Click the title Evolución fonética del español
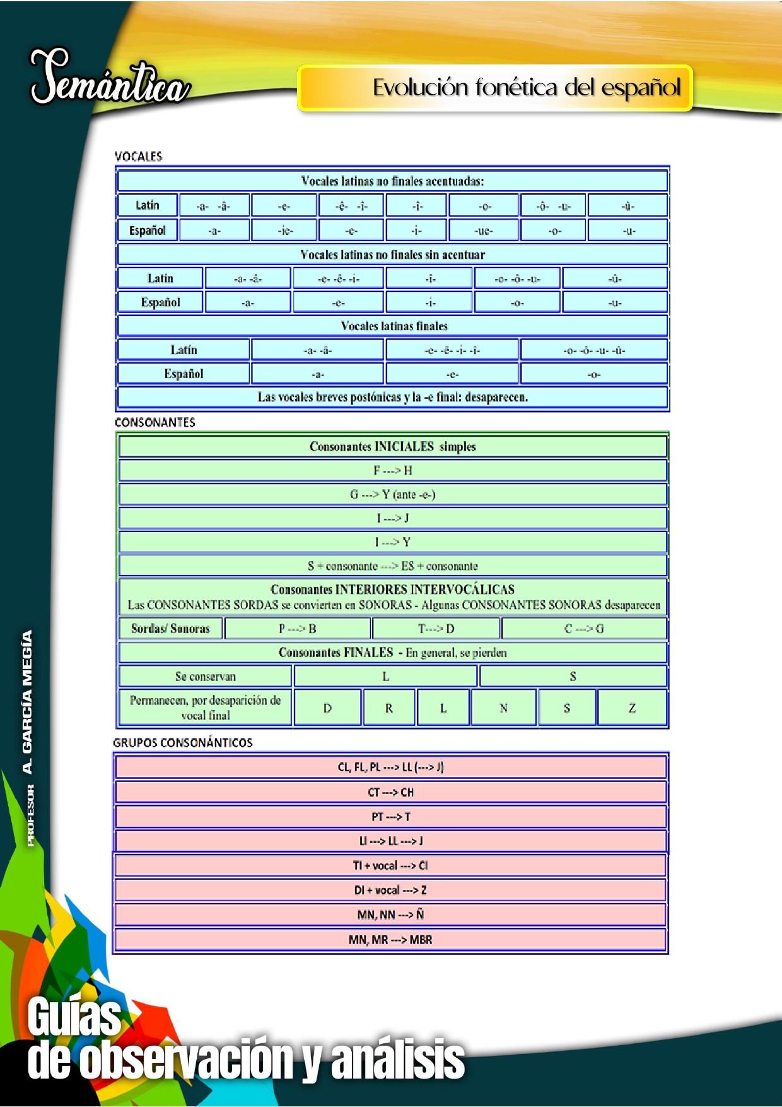tap(526, 88)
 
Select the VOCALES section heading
tap(138, 157)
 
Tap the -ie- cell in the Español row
tap(285, 230)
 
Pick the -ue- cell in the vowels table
tap(484, 230)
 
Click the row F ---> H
tap(392, 471)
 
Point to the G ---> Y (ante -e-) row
tap(392, 495)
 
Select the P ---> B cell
tap(298, 629)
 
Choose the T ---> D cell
tap(436, 629)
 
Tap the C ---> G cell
tap(584, 629)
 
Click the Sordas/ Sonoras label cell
tap(170, 629)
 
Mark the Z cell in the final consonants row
tap(632, 708)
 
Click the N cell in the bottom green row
tap(503, 708)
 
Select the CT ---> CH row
tap(391, 792)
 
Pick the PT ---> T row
tap(391, 817)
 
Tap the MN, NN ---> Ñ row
tap(391, 915)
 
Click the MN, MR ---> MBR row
tap(391, 940)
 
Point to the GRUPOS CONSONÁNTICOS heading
tap(183, 743)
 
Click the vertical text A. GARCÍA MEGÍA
tap(27, 702)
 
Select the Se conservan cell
tap(206, 677)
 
